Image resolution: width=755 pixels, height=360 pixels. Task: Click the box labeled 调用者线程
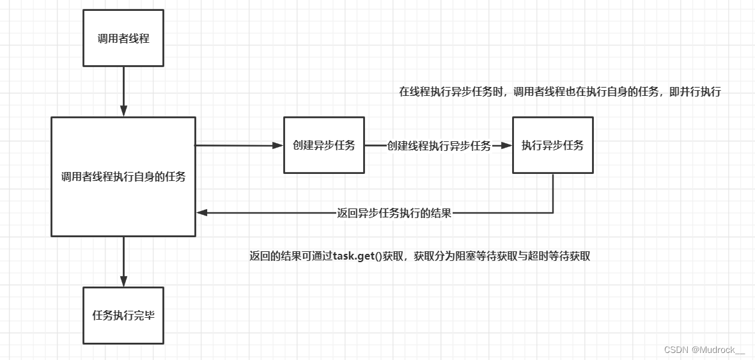[123, 38]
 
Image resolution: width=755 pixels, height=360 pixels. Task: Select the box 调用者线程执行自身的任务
[123, 176]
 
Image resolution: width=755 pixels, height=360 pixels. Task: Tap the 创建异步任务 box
[324, 145]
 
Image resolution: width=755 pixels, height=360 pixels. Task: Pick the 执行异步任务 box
[552, 145]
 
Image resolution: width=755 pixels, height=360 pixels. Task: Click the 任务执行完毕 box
[123, 315]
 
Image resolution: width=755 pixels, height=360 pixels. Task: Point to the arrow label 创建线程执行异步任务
[439, 146]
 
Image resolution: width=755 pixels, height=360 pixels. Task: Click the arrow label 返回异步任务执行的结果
[394, 214]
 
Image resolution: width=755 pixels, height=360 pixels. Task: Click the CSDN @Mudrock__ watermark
[704, 350]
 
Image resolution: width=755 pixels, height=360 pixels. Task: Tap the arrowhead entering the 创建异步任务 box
[278, 146]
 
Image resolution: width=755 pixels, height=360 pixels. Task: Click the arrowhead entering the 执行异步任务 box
[507, 146]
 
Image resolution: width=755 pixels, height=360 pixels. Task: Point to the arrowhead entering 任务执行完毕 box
[123, 281]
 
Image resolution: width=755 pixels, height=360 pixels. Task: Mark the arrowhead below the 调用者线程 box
[123, 111]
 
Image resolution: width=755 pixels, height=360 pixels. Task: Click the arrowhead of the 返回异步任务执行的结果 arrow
[201, 214]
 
